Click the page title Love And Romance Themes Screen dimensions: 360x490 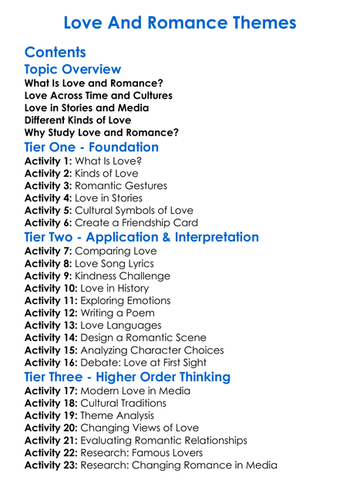180,22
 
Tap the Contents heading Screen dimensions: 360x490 55,52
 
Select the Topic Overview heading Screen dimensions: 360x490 72,69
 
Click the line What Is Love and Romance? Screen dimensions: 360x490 93,83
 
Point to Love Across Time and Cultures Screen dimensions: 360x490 99,96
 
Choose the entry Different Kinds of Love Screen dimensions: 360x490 78,120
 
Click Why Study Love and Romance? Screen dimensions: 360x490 102,133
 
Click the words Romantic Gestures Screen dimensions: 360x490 120,186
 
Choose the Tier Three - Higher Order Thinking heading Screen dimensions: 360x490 127,377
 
